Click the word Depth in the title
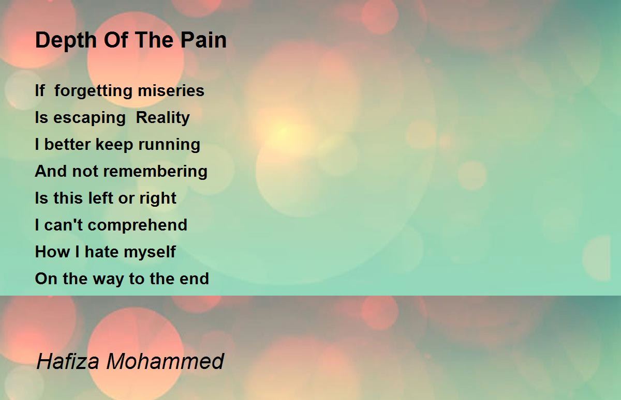click(x=66, y=41)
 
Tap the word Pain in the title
click(x=203, y=40)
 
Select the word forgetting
click(x=93, y=91)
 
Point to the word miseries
click(x=171, y=90)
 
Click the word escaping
click(x=89, y=118)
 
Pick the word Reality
click(x=162, y=118)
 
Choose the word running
click(x=169, y=145)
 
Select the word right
click(x=158, y=199)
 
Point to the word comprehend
click(x=138, y=225)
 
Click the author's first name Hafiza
click(x=68, y=361)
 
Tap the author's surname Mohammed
click(x=165, y=361)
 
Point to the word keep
click(x=114, y=145)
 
